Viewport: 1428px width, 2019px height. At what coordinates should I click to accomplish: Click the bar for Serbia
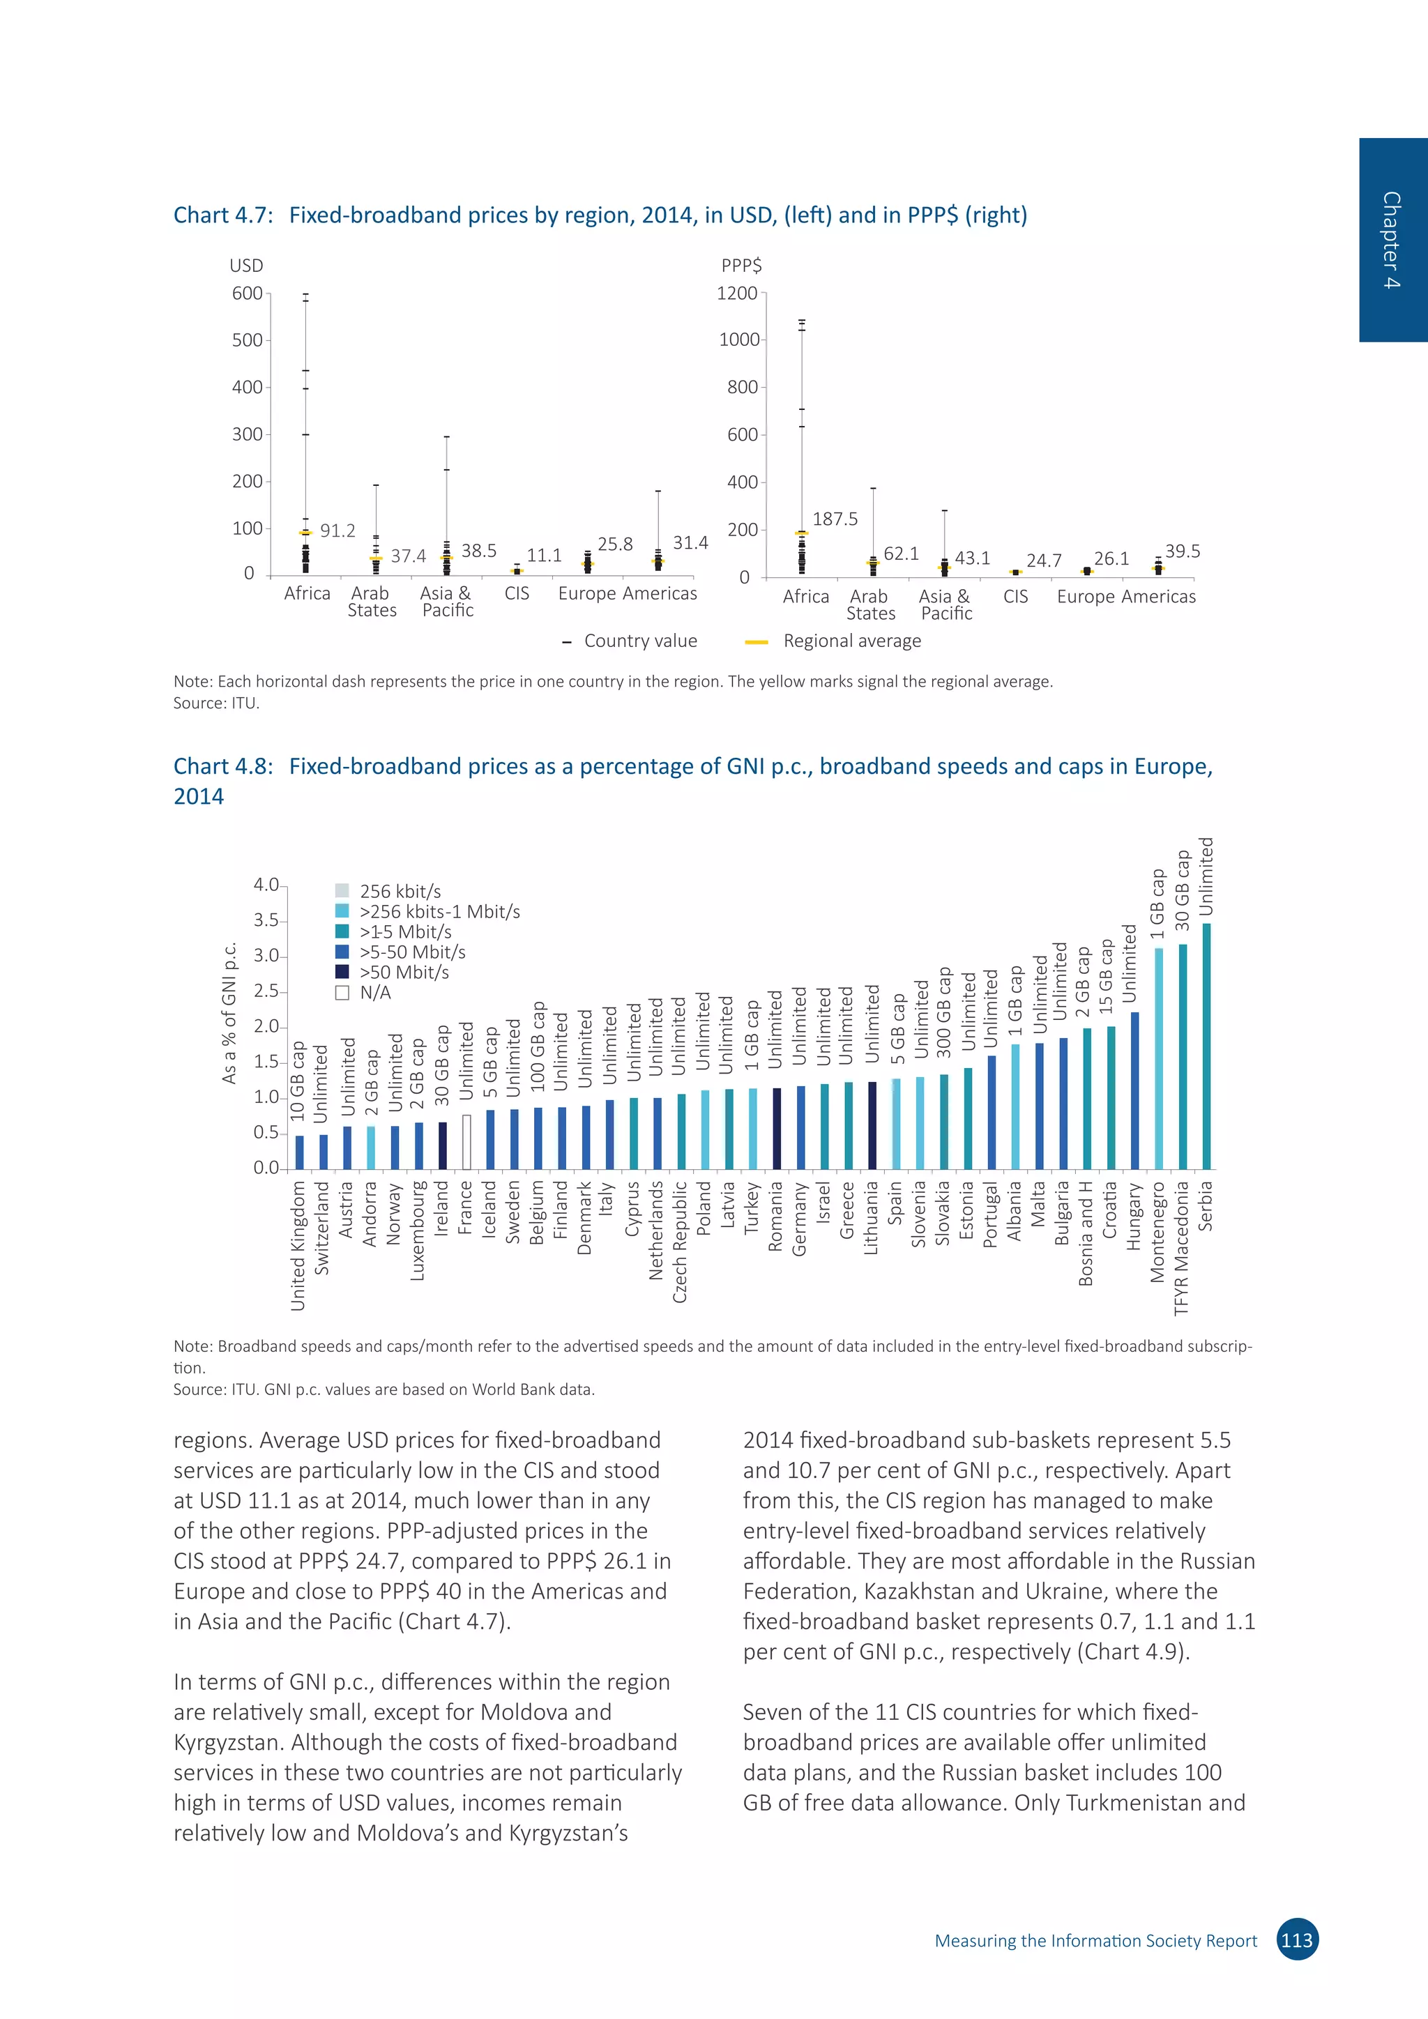point(1206,1046)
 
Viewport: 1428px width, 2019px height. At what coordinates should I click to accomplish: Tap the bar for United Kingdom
point(300,1152)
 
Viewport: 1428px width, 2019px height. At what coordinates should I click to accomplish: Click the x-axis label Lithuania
point(872,1218)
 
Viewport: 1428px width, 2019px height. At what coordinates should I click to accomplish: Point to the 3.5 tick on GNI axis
point(266,921)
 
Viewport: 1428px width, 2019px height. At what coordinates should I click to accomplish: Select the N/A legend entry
point(374,992)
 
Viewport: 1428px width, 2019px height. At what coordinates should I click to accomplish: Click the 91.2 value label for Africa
point(337,531)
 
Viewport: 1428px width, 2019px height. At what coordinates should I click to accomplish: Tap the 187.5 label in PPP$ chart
point(835,519)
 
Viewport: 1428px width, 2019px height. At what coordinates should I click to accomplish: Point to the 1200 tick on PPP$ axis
point(737,293)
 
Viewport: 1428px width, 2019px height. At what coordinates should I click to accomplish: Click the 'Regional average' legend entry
point(851,641)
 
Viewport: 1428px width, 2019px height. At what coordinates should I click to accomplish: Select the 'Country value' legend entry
point(639,641)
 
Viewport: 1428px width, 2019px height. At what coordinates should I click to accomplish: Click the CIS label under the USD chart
point(517,593)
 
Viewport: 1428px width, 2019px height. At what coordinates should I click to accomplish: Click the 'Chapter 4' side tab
point(1391,239)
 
